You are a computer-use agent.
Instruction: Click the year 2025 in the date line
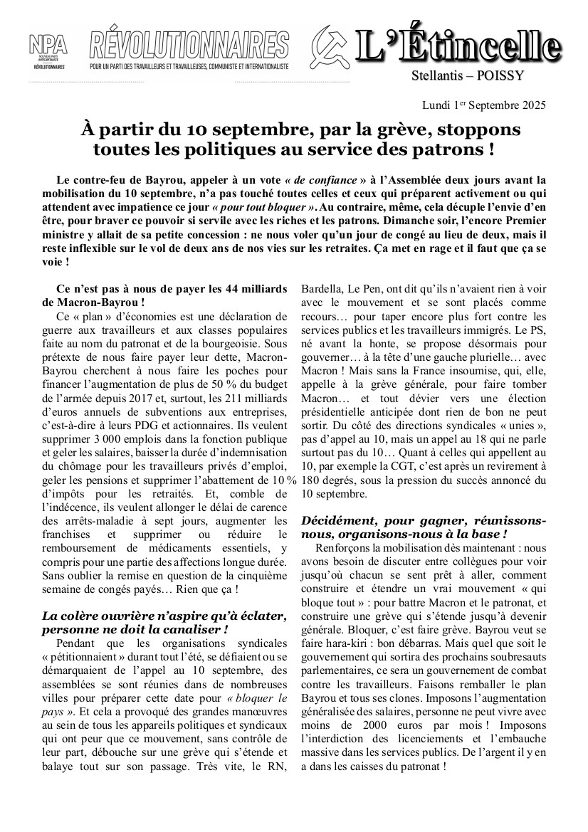click(531, 105)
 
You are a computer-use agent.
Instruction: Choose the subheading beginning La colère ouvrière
click(164, 622)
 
